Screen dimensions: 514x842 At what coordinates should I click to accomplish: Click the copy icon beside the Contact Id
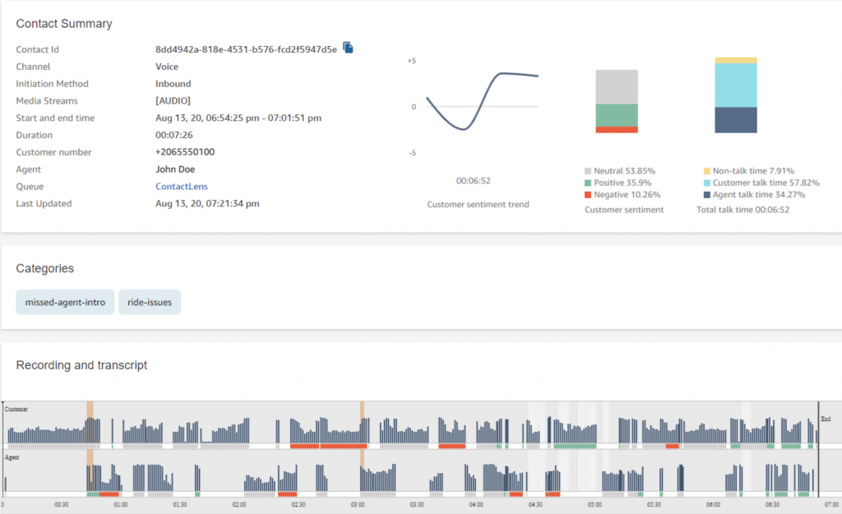(348, 49)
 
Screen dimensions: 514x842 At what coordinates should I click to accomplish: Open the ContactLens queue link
(181, 187)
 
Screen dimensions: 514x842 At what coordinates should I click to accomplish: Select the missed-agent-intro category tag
(65, 302)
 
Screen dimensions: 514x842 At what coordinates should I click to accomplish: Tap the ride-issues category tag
(150, 302)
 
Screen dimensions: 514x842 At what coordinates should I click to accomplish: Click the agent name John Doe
(175, 169)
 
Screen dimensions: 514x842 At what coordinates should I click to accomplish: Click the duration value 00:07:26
(174, 135)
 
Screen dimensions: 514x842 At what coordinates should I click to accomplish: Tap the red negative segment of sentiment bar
(617, 130)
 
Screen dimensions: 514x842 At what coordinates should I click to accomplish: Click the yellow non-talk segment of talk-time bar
(736, 60)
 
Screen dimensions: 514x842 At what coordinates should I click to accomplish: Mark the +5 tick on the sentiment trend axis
(412, 61)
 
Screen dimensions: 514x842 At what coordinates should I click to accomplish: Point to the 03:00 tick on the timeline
(358, 505)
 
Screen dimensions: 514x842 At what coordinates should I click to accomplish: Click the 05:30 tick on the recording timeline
(654, 505)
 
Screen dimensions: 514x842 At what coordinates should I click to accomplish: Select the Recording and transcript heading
(81, 365)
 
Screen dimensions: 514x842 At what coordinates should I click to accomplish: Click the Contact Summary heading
(64, 24)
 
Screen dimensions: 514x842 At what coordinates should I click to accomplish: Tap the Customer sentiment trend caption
(478, 204)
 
